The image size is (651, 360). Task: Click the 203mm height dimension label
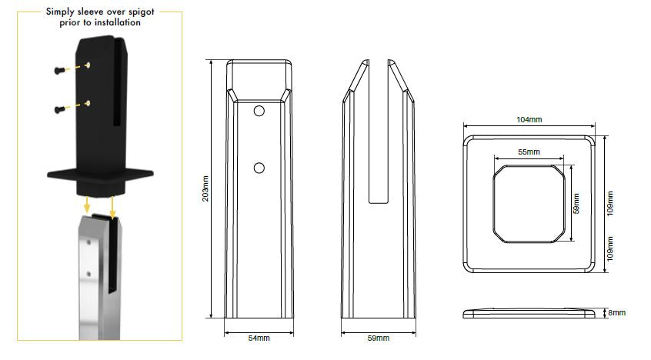(205, 188)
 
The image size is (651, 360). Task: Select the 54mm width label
(259, 338)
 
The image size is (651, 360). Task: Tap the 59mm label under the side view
(379, 338)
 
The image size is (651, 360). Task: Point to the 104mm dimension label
(529, 119)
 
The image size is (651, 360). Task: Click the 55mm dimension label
(529, 152)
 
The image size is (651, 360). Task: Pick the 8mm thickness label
(617, 312)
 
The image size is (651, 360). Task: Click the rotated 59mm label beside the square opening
(576, 203)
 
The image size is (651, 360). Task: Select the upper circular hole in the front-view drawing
(259, 112)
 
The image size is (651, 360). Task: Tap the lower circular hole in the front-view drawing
(259, 168)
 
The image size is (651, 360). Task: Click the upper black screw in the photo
(59, 70)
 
